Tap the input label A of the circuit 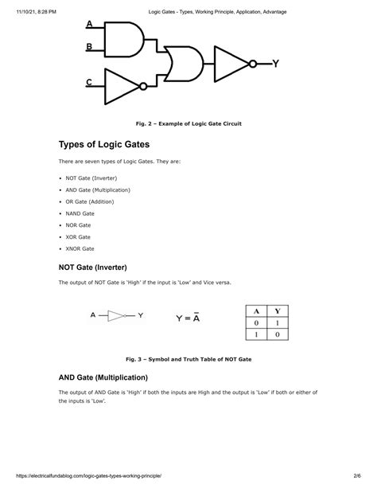[89, 23]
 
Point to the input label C [89, 82]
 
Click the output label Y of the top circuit [274, 63]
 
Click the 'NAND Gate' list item [80, 213]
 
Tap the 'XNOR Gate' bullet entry [80, 248]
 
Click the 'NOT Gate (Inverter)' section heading [93, 267]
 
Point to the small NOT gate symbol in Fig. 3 [116, 316]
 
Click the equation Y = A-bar [188, 318]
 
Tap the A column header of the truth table [255, 311]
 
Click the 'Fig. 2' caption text [188, 124]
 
